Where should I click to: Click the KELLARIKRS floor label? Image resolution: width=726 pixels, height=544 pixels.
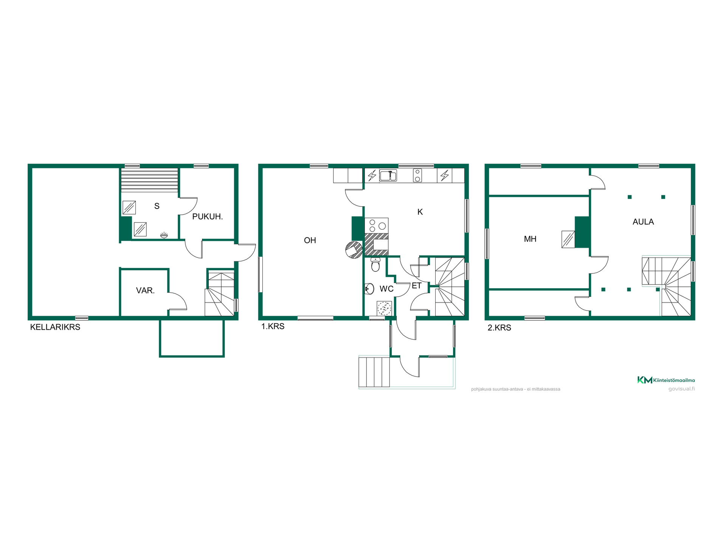coord(55,327)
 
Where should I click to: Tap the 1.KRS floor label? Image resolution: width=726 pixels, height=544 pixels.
coord(273,326)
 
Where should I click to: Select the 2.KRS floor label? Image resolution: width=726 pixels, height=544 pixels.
coord(499,328)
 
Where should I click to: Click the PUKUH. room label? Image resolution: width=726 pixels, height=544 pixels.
coord(208,217)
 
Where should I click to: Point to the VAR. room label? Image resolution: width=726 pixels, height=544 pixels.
coord(146,291)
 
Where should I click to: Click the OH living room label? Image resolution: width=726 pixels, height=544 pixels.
coord(310,240)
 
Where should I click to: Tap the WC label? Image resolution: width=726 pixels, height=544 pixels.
coord(386,289)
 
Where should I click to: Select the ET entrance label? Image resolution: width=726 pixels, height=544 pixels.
coord(416,286)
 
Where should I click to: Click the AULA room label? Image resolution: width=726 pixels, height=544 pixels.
coord(643,222)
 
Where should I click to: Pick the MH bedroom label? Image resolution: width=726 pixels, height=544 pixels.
coord(530,239)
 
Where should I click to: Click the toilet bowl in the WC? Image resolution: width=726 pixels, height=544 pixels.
coord(375,265)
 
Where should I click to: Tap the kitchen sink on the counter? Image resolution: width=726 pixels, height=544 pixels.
coord(388,176)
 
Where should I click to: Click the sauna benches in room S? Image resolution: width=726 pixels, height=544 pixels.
coord(149,180)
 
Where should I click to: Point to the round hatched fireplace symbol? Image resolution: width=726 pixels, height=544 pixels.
coord(354,250)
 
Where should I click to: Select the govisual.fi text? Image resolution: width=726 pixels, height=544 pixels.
coord(681,389)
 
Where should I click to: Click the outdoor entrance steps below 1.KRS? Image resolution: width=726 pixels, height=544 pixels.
coord(374,372)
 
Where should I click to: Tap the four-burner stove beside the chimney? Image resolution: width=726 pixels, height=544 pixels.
coord(377,226)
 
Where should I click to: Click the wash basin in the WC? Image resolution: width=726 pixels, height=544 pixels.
coord(369,289)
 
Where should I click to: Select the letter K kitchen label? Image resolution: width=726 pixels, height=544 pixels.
coord(420,212)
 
